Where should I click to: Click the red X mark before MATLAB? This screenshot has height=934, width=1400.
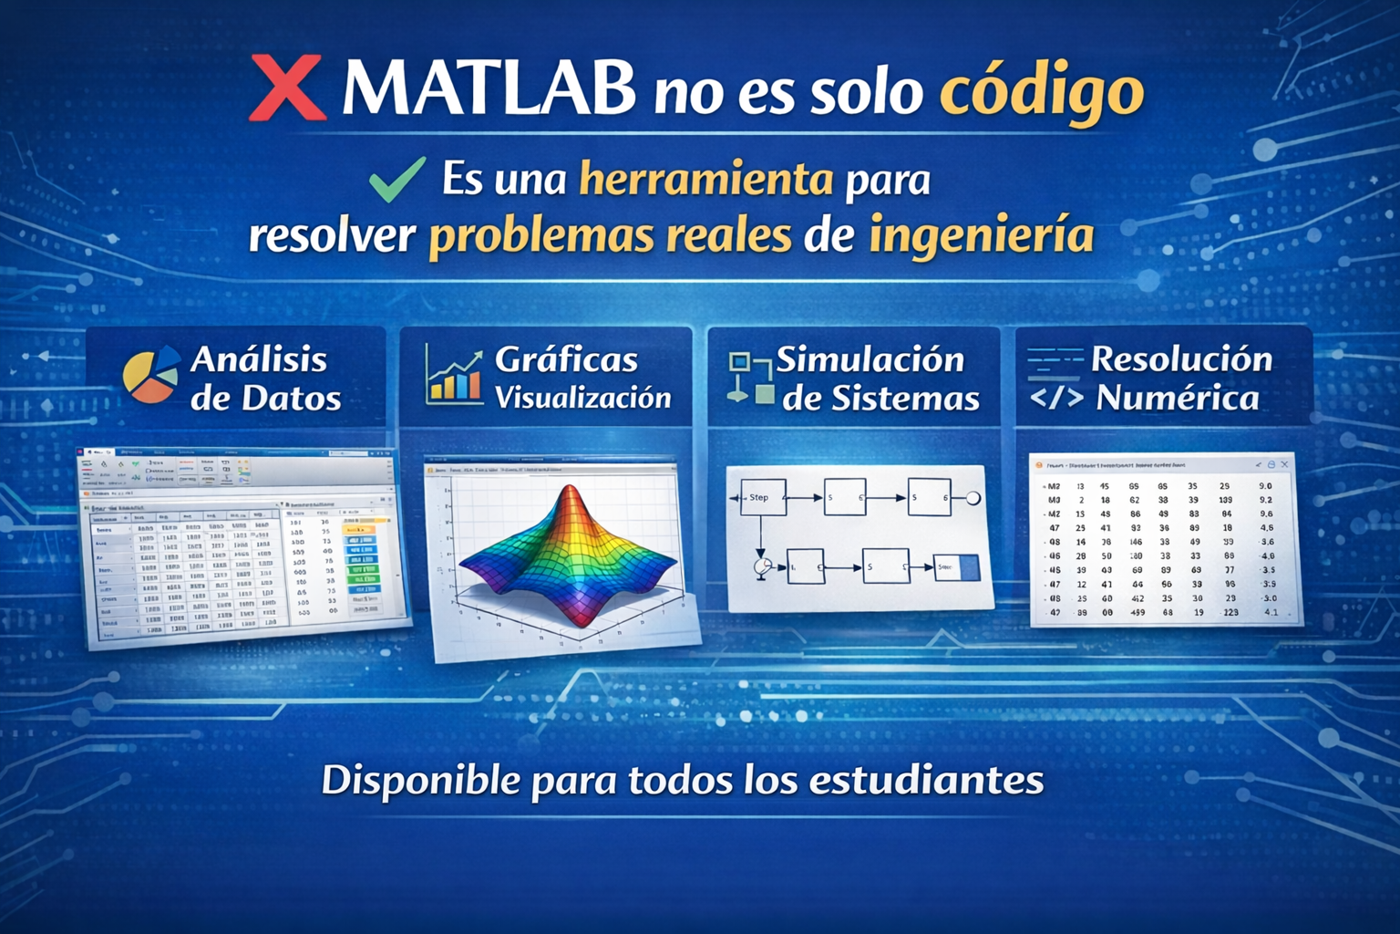(x=288, y=88)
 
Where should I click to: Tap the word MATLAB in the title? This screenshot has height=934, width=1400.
(x=489, y=88)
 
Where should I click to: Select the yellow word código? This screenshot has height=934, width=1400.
(x=1042, y=91)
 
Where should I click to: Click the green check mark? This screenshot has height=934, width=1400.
(x=397, y=179)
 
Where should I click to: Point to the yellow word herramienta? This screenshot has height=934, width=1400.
(x=706, y=179)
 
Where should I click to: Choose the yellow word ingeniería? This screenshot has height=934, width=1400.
(x=981, y=235)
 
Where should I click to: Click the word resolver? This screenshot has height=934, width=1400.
(x=332, y=235)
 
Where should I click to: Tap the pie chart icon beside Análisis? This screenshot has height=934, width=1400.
(x=150, y=374)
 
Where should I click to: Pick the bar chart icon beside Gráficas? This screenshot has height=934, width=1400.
(x=453, y=376)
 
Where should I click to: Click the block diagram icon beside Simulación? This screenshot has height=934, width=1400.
(x=750, y=377)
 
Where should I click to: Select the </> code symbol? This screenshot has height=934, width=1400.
(x=1056, y=398)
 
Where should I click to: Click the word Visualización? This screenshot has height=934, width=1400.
(x=582, y=398)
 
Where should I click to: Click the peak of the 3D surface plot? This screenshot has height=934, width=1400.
(x=570, y=493)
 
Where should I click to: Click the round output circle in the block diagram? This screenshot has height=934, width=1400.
(x=973, y=498)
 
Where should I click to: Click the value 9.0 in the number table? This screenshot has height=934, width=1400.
(x=1265, y=486)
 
